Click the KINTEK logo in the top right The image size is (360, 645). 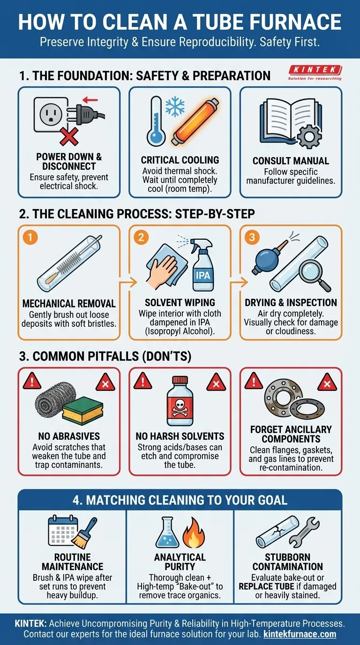click(x=315, y=73)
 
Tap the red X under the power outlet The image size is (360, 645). click(x=69, y=137)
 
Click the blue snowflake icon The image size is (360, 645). click(x=175, y=106)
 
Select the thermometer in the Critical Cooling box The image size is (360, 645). click(x=156, y=121)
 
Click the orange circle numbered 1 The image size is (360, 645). click(x=30, y=238)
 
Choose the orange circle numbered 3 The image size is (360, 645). click(x=252, y=237)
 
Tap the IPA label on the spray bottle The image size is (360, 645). click(x=203, y=276)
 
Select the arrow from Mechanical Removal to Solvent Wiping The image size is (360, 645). click(x=128, y=282)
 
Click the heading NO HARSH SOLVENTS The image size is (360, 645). click(x=180, y=436)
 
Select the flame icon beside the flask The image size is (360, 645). click(x=194, y=532)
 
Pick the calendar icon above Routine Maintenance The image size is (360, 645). click(x=62, y=530)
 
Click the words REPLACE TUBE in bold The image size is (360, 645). click(x=266, y=586)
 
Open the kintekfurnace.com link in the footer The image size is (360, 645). click(x=300, y=634)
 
